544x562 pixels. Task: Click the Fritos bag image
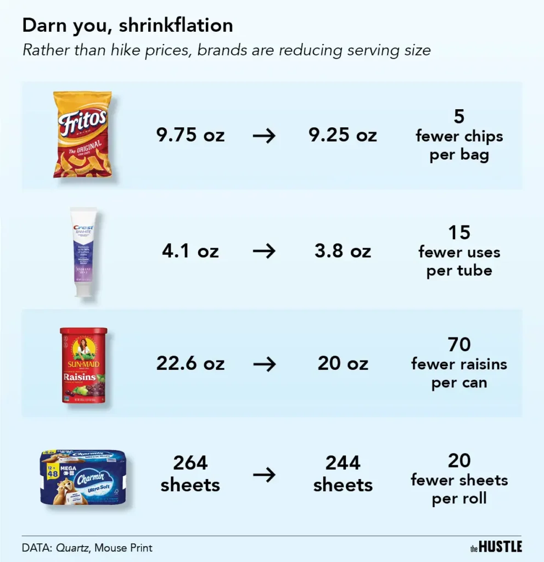click(x=82, y=134)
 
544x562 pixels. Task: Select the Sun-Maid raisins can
click(x=83, y=366)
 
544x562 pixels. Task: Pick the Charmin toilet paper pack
click(x=84, y=476)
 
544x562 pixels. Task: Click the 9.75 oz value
click(x=190, y=135)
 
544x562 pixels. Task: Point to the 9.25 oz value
click(x=343, y=135)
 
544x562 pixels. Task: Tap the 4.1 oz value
click(x=190, y=251)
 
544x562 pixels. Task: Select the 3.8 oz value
click(x=343, y=251)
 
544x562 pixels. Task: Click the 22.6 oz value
click(x=190, y=363)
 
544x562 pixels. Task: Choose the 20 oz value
click(x=343, y=363)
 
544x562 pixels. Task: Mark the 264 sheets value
click(x=190, y=474)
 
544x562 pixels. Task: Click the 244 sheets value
click(x=343, y=474)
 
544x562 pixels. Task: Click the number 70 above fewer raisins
click(x=459, y=345)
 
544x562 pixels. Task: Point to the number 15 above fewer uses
click(x=459, y=233)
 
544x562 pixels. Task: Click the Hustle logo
click(x=496, y=547)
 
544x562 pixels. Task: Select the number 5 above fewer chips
click(x=459, y=116)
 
